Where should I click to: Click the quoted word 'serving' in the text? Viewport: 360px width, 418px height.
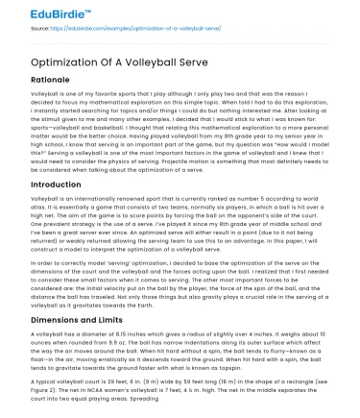(115, 273)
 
